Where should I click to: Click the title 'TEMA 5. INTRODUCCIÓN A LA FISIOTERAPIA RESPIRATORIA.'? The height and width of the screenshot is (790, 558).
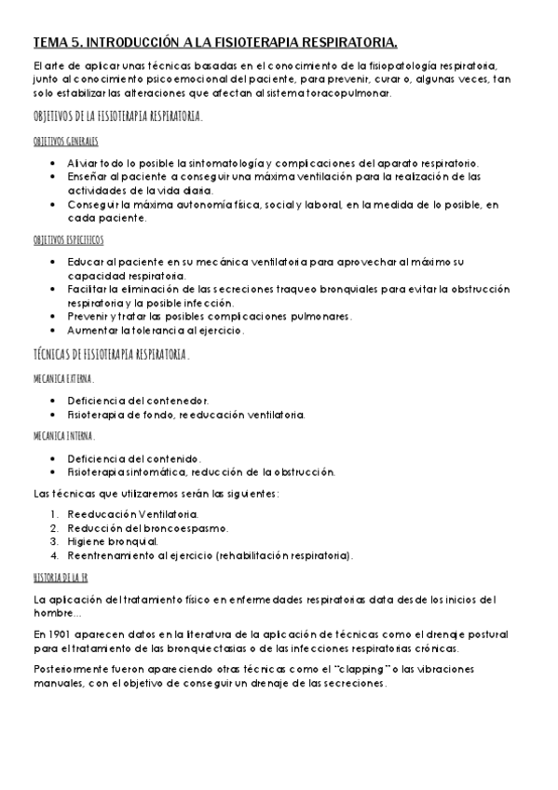coord(214,42)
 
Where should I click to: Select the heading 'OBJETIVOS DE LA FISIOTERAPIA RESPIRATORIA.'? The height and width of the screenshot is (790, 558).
coord(116,118)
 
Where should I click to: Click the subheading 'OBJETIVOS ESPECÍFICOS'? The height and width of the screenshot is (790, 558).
coord(68,239)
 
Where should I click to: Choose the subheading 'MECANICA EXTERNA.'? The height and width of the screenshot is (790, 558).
coord(63,379)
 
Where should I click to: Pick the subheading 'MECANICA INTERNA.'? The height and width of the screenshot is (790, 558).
coord(63,435)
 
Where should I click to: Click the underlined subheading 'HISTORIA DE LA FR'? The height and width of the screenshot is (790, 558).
coord(60,578)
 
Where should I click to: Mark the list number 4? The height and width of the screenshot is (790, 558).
coord(55,555)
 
